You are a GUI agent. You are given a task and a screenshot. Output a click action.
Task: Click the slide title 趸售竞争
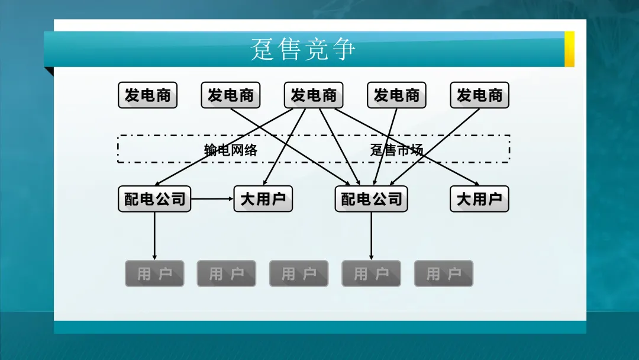(303, 49)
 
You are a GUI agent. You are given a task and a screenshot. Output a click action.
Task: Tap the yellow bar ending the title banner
(569, 49)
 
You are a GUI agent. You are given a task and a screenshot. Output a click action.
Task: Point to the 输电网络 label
(231, 150)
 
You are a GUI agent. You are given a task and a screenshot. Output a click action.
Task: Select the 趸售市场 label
(396, 150)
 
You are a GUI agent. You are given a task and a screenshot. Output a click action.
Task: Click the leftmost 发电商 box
(148, 95)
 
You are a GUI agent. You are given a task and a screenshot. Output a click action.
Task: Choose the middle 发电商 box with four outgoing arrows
(314, 95)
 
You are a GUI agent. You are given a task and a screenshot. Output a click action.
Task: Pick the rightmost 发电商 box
(479, 95)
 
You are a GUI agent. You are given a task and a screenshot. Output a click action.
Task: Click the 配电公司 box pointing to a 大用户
(154, 199)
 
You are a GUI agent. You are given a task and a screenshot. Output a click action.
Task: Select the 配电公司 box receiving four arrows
(372, 199)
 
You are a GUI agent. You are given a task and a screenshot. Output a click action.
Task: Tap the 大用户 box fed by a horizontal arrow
(263, 199)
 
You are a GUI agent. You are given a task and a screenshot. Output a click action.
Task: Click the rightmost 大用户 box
(479, 199)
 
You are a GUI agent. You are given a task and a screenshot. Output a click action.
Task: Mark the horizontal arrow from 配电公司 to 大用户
(212, 199)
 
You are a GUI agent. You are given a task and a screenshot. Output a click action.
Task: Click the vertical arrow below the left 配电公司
(154, 236)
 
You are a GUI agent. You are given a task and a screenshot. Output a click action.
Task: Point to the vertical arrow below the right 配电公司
(372, 236)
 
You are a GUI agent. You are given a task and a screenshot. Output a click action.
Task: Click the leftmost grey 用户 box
(154, 274)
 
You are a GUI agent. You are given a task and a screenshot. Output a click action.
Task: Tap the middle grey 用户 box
(299, 274)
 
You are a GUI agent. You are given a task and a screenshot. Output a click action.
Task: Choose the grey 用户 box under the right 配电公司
(372, 274)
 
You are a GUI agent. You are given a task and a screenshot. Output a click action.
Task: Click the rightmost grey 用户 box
(444, 274)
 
